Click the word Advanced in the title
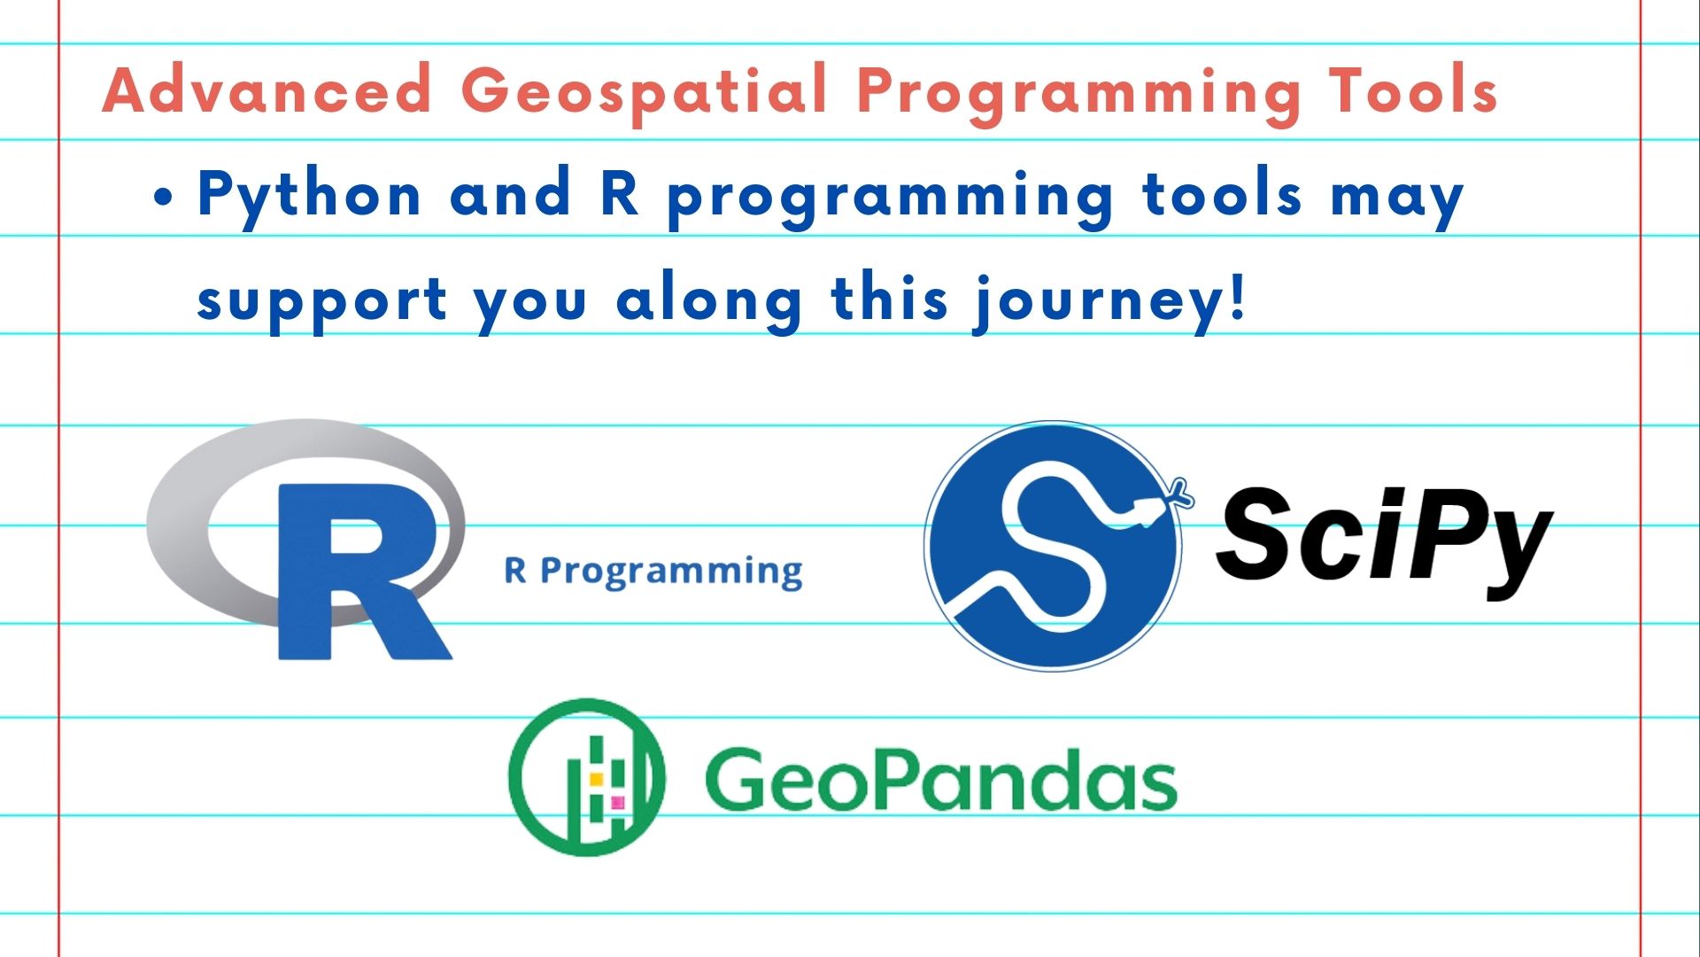click(x=267, y=89)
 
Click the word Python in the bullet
click(x=309, y=196)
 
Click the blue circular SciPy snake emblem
click(x=1054, y=546)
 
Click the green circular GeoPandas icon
click(x=586, y=777)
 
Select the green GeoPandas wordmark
click(x=940, y=779)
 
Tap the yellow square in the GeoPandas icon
click(x=597, y=779)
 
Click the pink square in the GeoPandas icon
click(x=618, y=803)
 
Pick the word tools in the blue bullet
click(x=1223, y=193)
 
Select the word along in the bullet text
click(x=709, y=301)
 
